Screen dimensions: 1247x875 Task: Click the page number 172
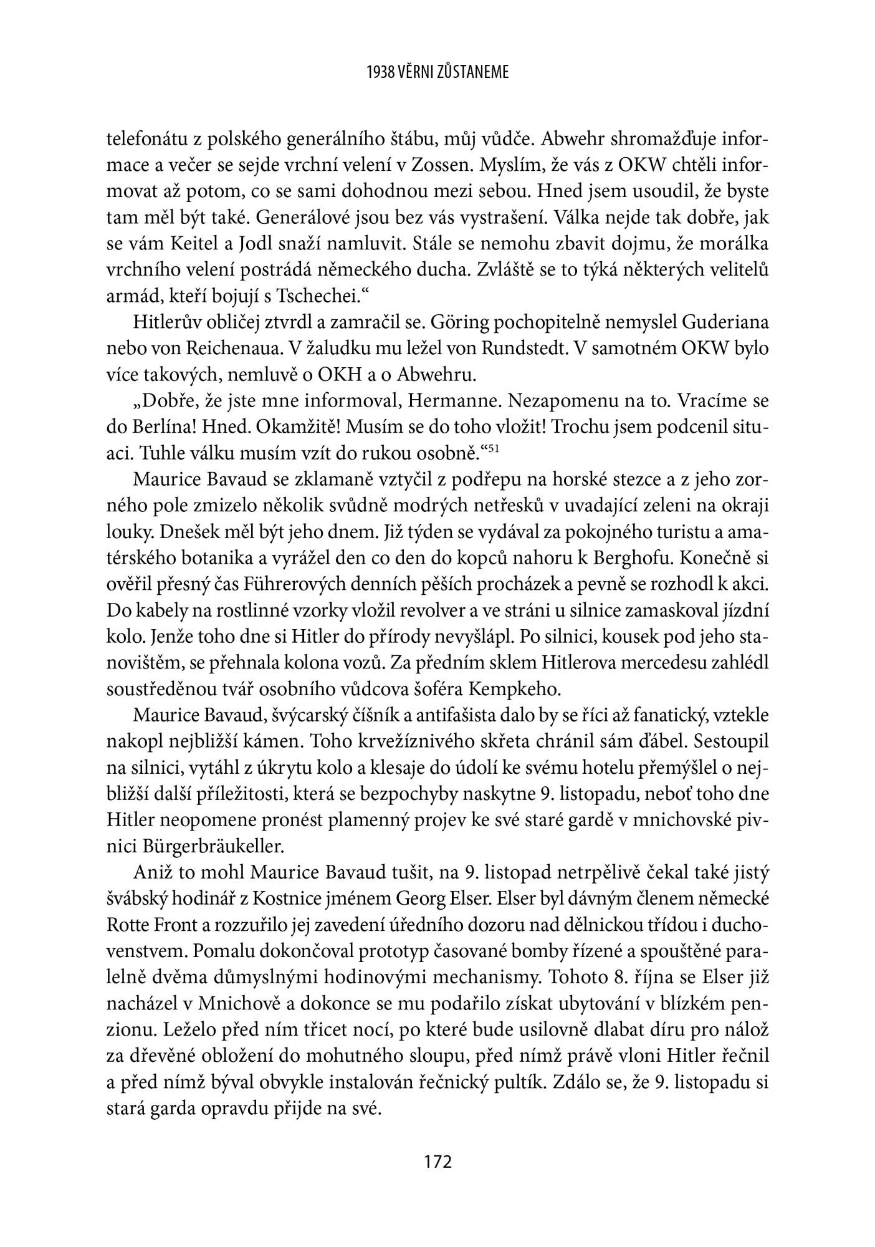437,1162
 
